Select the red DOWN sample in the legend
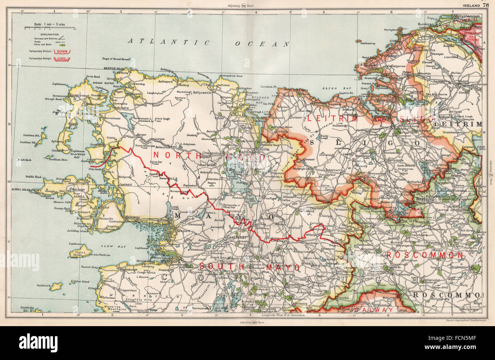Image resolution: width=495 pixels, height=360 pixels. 61,51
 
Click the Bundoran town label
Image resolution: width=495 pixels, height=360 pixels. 426,24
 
